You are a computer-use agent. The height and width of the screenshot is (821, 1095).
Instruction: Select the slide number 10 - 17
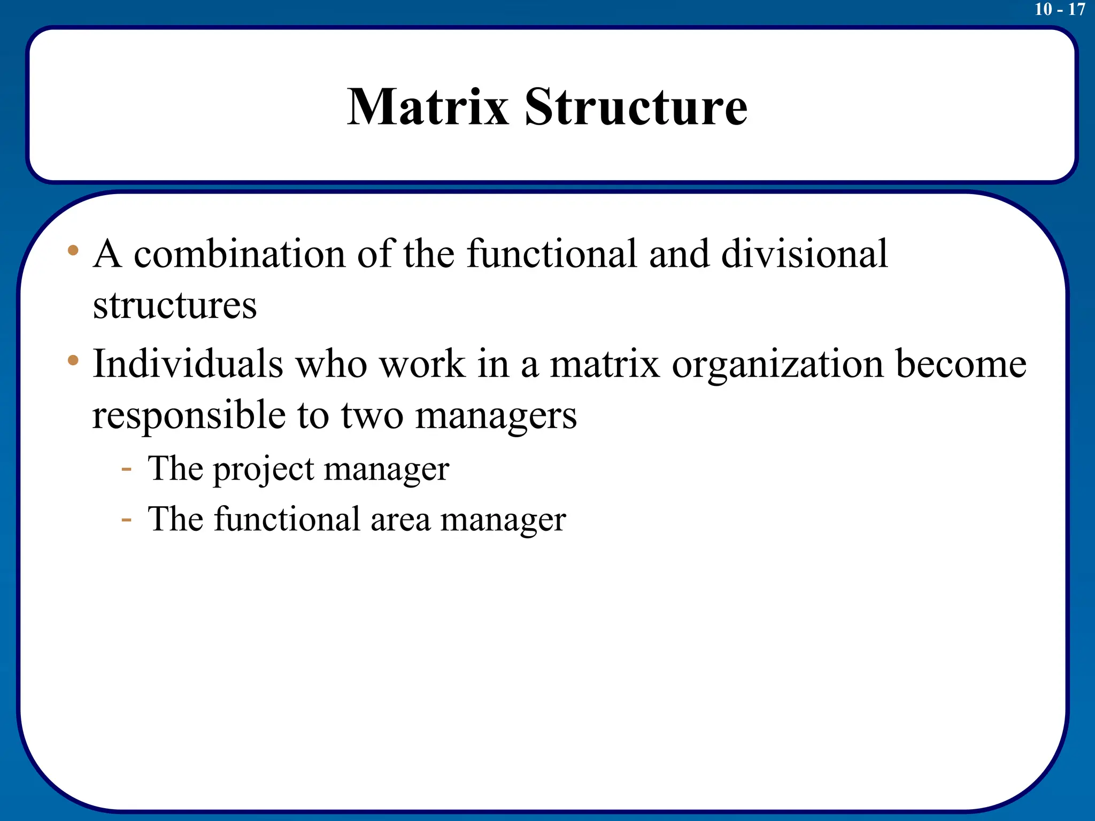click(1060, 9)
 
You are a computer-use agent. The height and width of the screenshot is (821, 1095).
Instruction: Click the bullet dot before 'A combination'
click(73, 250)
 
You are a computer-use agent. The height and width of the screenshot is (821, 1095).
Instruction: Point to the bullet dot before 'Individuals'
click(73, 360)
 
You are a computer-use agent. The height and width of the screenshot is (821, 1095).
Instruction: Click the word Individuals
click(188, 363)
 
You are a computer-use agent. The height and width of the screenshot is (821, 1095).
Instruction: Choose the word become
click(961, 363)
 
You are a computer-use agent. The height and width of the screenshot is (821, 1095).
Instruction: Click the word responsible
click(189, 415)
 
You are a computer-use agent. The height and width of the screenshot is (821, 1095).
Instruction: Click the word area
click(400, 520)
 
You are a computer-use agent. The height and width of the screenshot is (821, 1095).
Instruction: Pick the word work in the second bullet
click(422, 363)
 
